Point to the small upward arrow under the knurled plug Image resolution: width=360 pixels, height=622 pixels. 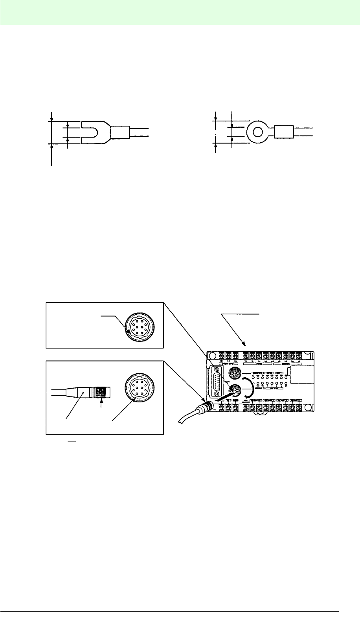(x=102, y=405)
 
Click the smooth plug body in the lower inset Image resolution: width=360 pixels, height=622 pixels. (x=81, y=392)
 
